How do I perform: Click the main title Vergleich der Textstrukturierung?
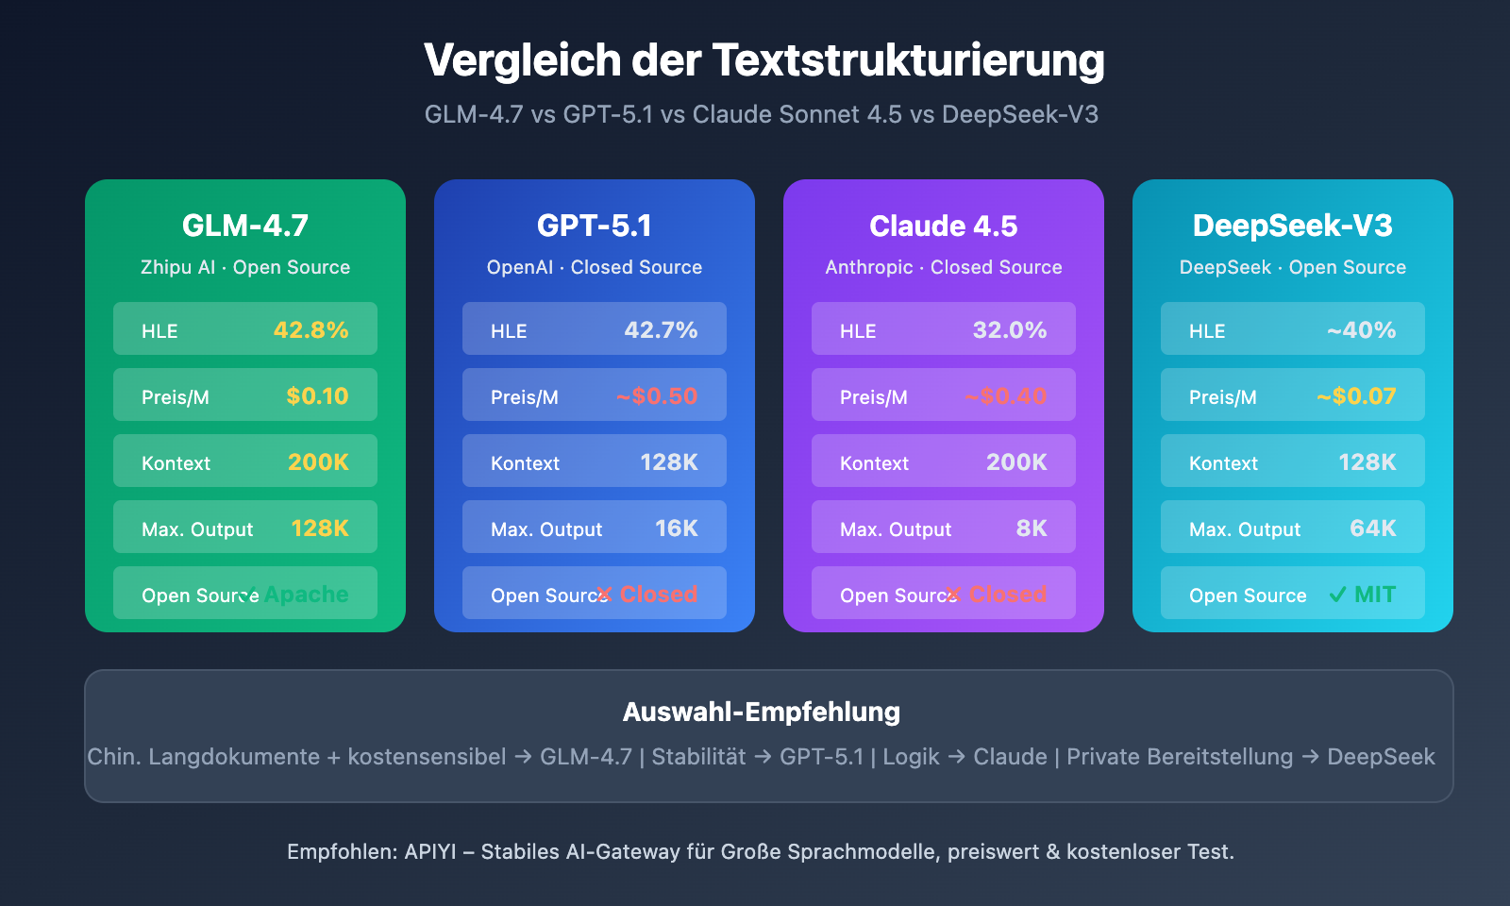pyautogui.click(x=763, y=60)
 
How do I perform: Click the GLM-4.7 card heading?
pyautogui.click(x=245, y=226)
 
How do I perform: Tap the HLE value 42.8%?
pyautogui.click(x=310, y=330)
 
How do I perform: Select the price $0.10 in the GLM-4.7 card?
pyautogui.click(x=317, y=396)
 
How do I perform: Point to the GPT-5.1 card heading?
pyautogui.click(x=595, y=226)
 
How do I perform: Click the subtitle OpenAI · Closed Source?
pyautogui.click(x=595, y=267)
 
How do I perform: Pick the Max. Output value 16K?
pyautogui.click(x=676, y=528)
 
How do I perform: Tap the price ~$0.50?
pyautogui.click(x=657, y=396)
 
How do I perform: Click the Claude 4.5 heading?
pyautogui.click(x=944, y=226)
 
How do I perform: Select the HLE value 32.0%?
pyautogui.click(x=1010, y=330)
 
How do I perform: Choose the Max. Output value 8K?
pyautogui.click(x=1031, y=528)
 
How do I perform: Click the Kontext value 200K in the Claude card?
pyautogui.click(x=1016, y=462)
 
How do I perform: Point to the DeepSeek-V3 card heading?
pyautogui.click(x=1293, y=226)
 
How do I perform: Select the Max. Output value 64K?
pyautogui.click(x=1372, y=528)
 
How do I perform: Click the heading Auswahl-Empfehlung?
pyautogui.click(x=761, y=712)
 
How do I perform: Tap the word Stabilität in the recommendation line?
pyautogui.click(x=698, y=757)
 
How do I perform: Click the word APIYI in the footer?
pyautogui.click(x=430, y=851)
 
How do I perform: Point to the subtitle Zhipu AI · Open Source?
pyautogui.click(x=245, y=267)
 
